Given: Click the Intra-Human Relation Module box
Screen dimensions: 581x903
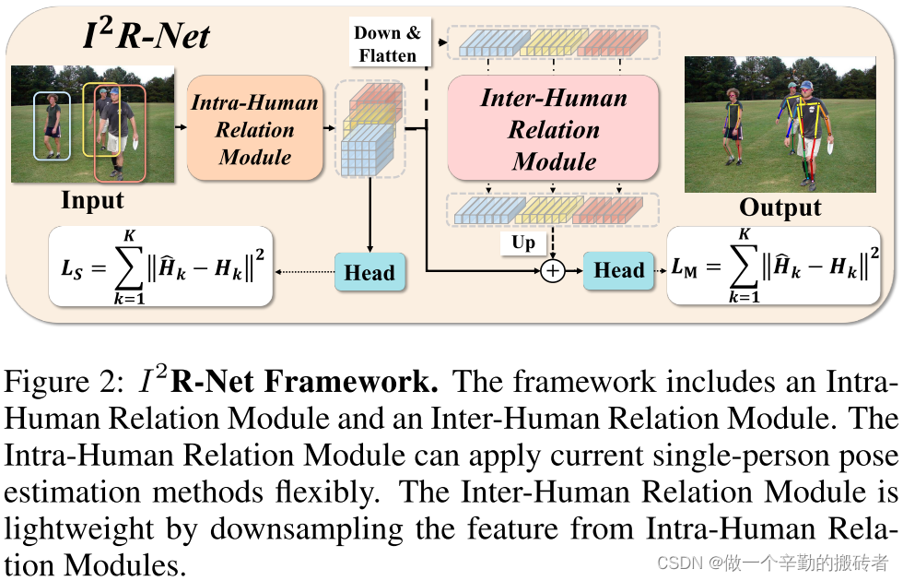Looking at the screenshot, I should coord(254,130).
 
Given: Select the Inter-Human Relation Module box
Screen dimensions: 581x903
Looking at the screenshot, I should coord(554,129).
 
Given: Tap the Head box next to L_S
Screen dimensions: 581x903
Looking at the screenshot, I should coord(369,272).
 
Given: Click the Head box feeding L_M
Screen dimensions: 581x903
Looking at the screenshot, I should coord(618,270).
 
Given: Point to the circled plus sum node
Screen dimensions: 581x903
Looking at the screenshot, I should coord(552,271).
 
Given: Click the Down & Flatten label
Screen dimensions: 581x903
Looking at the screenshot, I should coord(388,44).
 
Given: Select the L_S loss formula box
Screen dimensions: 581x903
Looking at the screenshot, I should coord(161,267).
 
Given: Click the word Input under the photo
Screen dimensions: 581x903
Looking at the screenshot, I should coord(92,200).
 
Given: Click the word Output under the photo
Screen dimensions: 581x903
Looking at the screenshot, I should coord(780,207).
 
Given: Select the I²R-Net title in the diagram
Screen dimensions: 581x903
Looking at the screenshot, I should coord(147,36).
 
